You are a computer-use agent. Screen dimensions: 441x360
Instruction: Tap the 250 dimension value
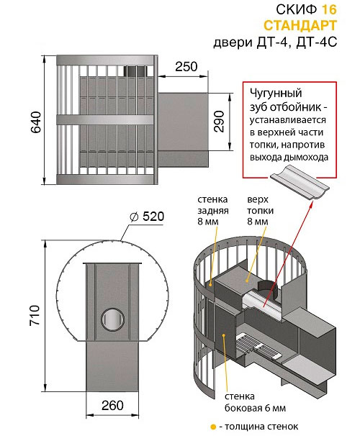pos(186,67)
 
